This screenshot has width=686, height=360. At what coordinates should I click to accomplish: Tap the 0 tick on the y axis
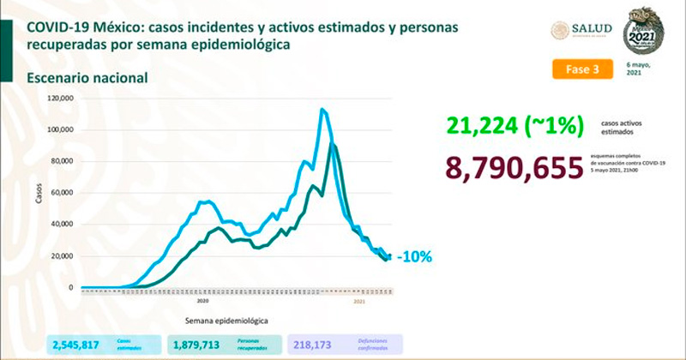(x=70, y=288)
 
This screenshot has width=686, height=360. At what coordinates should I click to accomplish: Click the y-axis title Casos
(x=37, y=197)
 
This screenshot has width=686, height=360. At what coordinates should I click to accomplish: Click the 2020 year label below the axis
(x=203, y=302)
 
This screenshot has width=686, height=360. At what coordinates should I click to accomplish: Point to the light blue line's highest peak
(x=322, y=110)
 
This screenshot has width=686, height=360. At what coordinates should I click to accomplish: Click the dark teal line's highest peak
(x=332, y=146)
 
